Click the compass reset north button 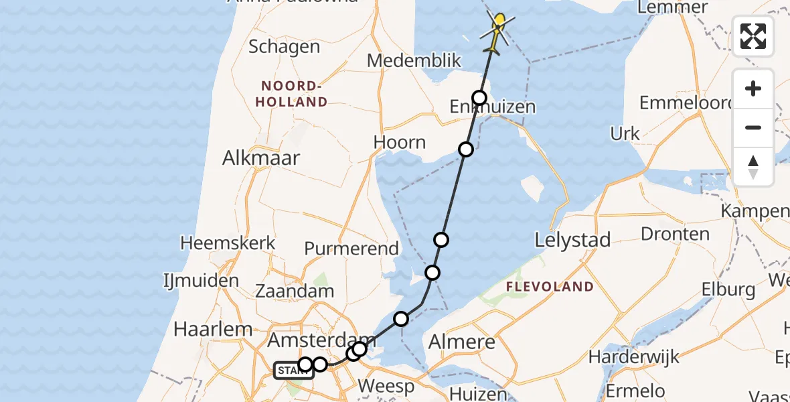753,167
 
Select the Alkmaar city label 262,158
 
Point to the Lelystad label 573,240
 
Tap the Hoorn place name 400,142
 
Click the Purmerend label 351,249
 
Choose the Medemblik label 414,60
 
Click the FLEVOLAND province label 550,287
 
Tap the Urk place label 625,133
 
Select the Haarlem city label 213,329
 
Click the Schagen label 284,46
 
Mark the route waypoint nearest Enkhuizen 479,98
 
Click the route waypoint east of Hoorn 466,149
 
